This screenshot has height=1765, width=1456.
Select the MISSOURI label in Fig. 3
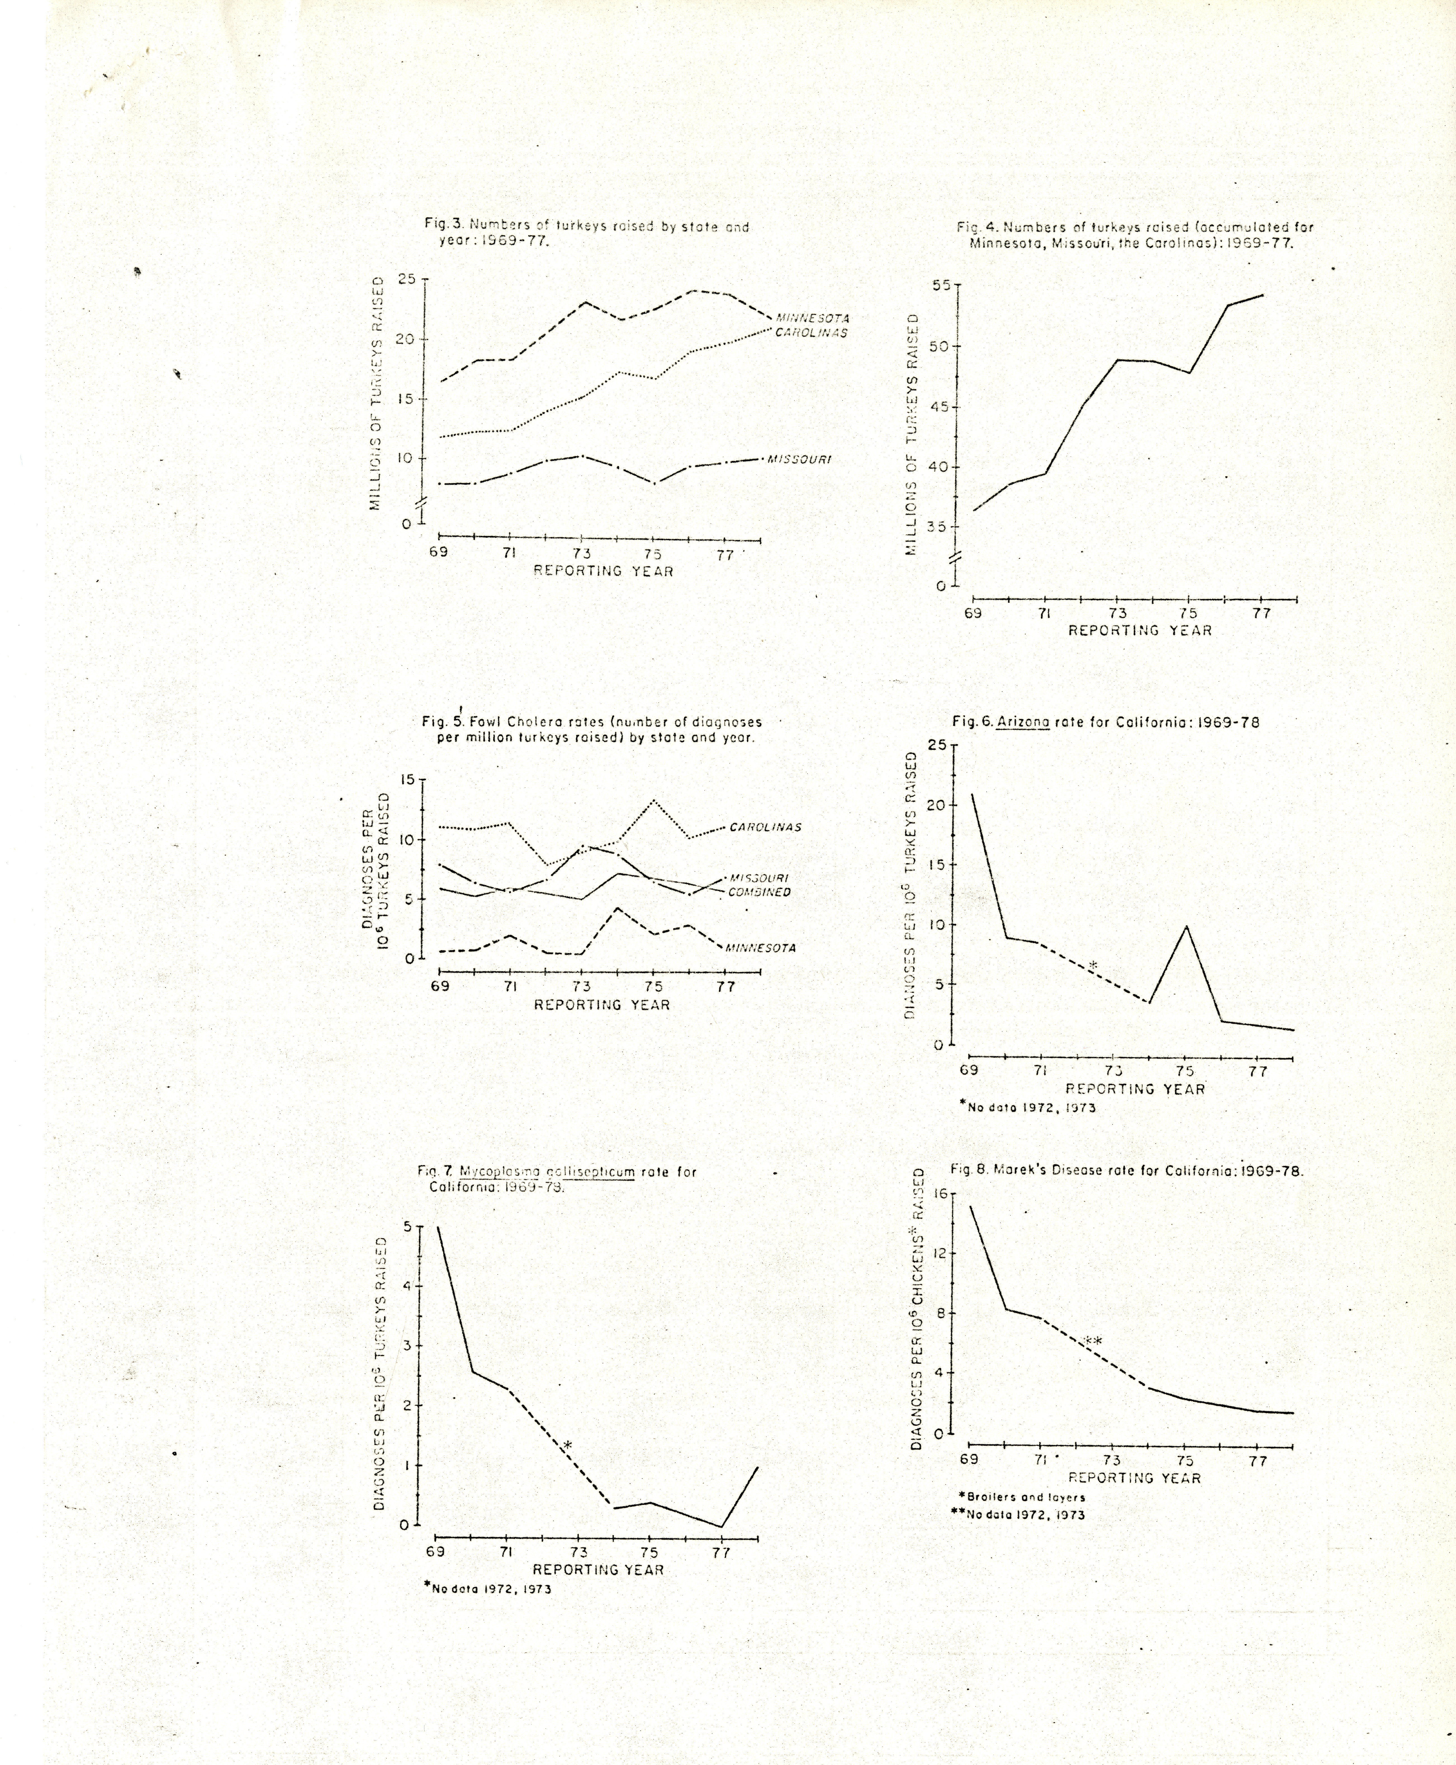[x=799, y=460]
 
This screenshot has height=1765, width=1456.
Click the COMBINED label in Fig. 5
[x=759, y=892]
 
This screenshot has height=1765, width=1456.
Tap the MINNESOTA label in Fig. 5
[x=760, y=948]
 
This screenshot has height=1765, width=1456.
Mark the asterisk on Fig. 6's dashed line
[x=1093, y=966]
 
